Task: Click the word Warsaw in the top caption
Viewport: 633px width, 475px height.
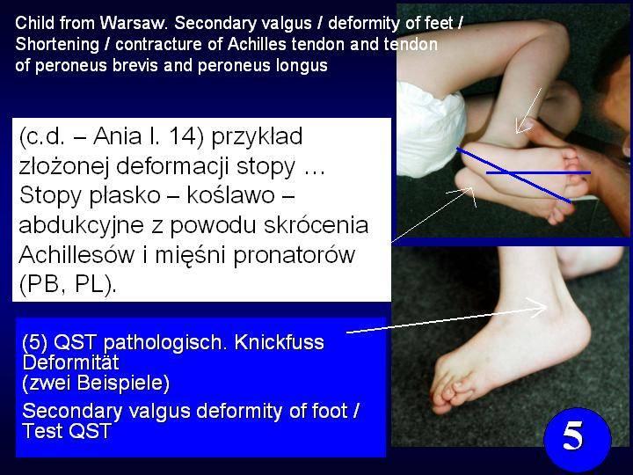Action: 134,23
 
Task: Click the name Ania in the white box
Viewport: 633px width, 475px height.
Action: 117,136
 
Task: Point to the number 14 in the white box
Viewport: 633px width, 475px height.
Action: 183,136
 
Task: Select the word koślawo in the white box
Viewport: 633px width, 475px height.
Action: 231,195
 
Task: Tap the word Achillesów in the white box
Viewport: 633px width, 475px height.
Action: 76,254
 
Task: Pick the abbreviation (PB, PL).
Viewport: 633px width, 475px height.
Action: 67,285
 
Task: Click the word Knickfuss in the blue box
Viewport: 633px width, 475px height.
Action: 279,342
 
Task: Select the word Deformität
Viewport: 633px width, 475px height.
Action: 70,362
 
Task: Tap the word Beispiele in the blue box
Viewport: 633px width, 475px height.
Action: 123,383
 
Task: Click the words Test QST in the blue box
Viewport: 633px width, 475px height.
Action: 67,430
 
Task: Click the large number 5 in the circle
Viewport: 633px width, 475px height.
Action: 573,435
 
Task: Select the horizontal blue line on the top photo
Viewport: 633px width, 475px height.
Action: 538,173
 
